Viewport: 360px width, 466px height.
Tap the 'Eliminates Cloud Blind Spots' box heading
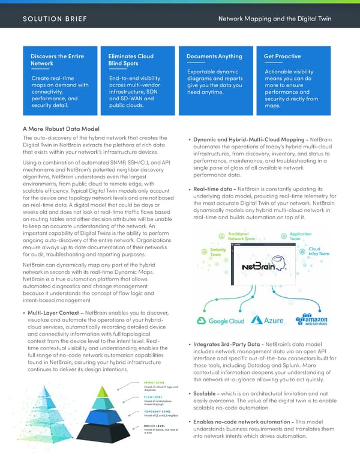131,60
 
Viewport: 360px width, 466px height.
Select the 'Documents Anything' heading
214,56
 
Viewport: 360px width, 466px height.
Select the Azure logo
268,321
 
